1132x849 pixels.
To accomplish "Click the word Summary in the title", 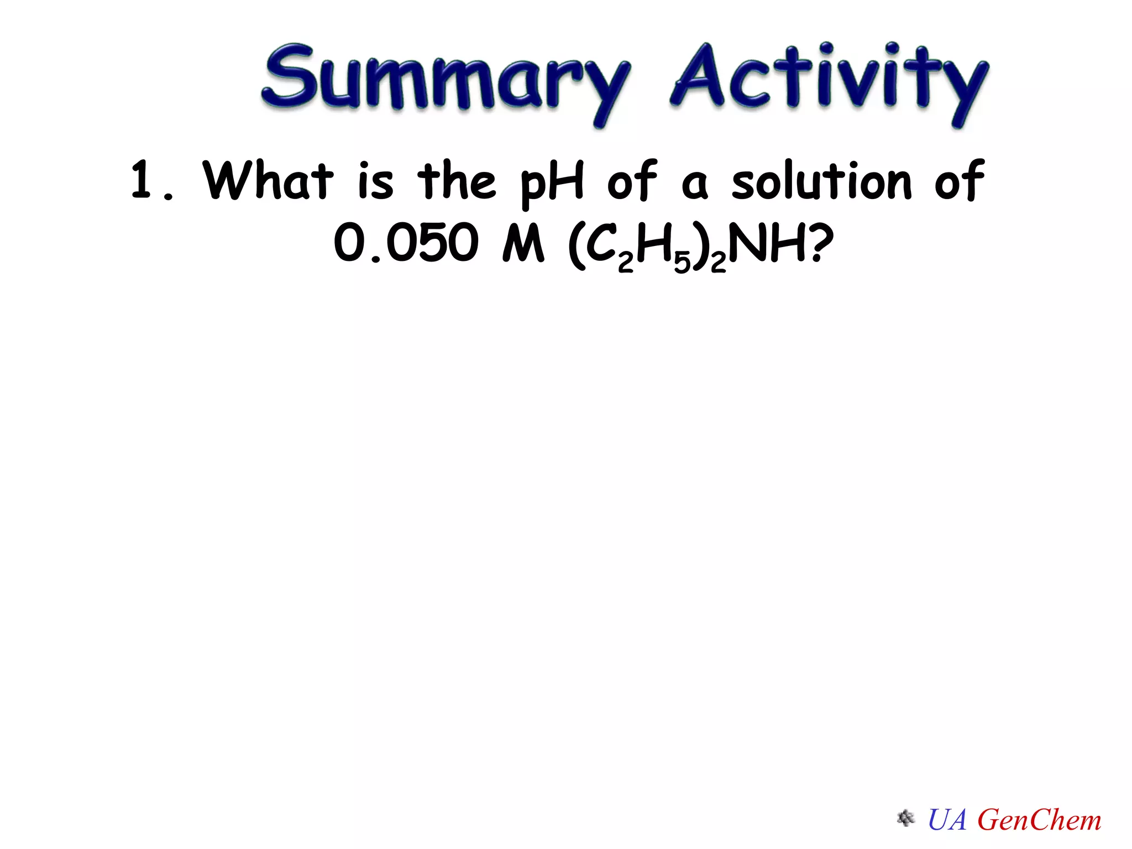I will coord(445,77).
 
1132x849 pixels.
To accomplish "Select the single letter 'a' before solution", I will coord(694,185).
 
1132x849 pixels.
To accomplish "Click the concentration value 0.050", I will coord(406,243).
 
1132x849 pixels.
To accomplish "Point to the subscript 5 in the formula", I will coord(682,263).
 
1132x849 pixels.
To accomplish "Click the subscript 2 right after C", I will coord(625,263).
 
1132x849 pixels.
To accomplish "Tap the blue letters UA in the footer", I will coord(947,819).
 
